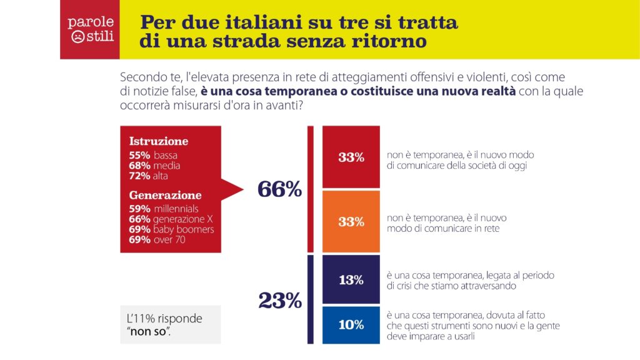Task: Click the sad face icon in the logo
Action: (x=77, y=37)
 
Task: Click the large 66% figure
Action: (x=279, y=189)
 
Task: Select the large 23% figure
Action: (x=280, y=301)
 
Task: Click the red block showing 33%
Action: (x=351, y=157)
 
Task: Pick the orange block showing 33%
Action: (x=351, y=221)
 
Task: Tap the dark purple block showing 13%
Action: (x=351, y=280)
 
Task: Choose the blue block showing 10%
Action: (x=351, y=325)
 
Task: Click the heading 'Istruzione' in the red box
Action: (x=158, y=141)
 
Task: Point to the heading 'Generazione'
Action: (x=165, y=195)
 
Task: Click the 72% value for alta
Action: (x=139, y=176)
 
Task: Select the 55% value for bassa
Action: (x=139, y=155)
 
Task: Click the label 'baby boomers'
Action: (x=184, y=229)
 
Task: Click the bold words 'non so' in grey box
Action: (x=148, y=332)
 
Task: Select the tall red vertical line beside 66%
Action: (x=311, y=189)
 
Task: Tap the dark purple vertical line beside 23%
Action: (x=311, y=299)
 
